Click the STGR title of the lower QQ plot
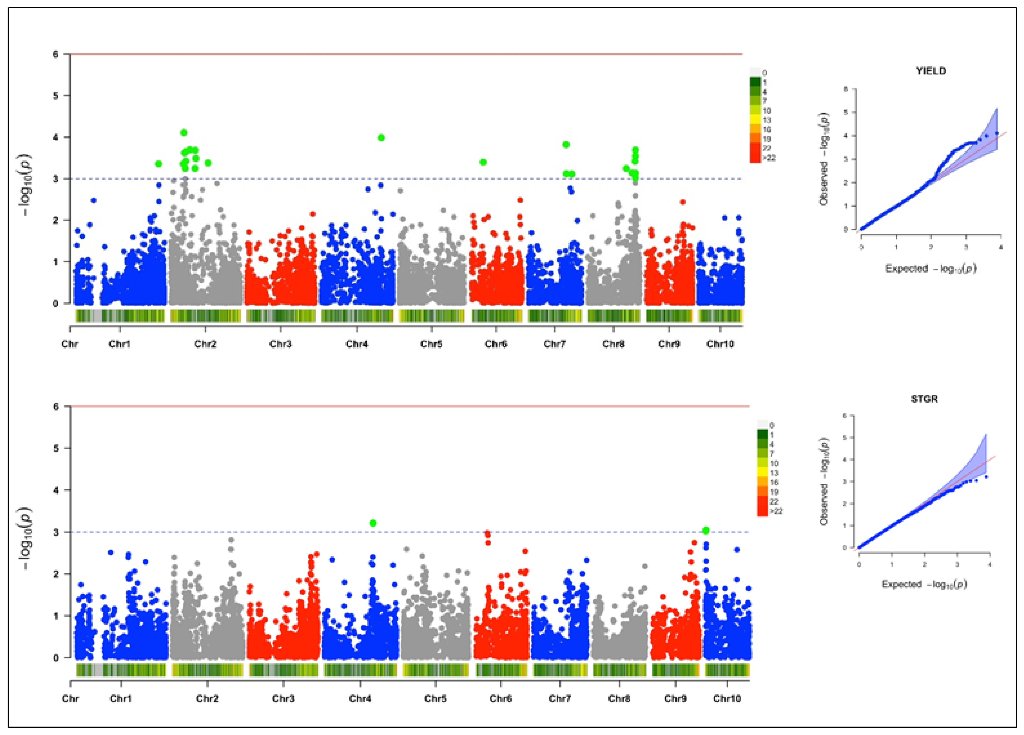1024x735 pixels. [x=924, y=399]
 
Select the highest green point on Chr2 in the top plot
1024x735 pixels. [x=184, y=133]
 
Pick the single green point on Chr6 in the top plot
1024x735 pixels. [x=483, y=162]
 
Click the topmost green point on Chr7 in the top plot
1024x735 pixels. [x=566, y=144]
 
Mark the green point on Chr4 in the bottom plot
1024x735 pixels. [x=373, y=523]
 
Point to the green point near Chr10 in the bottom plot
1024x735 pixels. [x=706, y=530]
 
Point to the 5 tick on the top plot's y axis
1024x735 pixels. [x=55, y=96]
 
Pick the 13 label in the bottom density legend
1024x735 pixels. [x=774, y=473]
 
